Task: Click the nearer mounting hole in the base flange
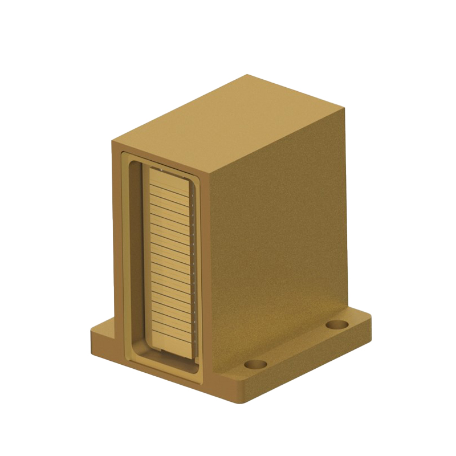click(255, 364)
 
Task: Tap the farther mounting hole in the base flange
click(337, 324)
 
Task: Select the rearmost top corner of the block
click(246, 75)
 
